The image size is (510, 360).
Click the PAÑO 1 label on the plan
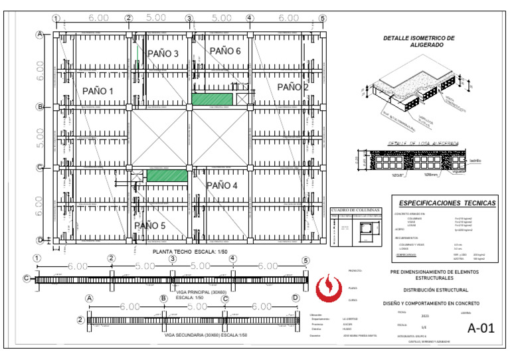(x=98, y=91)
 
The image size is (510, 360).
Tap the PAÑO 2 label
(x=292, y=87)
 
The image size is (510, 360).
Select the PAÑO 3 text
(x=163, y=53)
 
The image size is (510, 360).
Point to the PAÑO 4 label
(x=222, y=185)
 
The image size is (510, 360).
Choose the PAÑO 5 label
(x=151, y=226)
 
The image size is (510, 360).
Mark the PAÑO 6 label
(x=225, y=50)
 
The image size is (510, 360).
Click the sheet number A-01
(x=481, y=327)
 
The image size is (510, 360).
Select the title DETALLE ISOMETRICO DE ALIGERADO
(x=419, y=42)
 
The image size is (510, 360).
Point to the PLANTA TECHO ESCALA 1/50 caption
(x=190, y=252)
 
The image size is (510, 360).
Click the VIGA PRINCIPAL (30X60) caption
(x=201, y=292)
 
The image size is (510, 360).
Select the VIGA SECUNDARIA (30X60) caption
(x=205, y=335)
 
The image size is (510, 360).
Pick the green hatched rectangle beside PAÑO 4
(x=167, y=176)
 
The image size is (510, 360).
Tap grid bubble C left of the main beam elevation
(x=27, y=279)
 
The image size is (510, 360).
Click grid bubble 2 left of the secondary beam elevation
(x=80, y=320)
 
